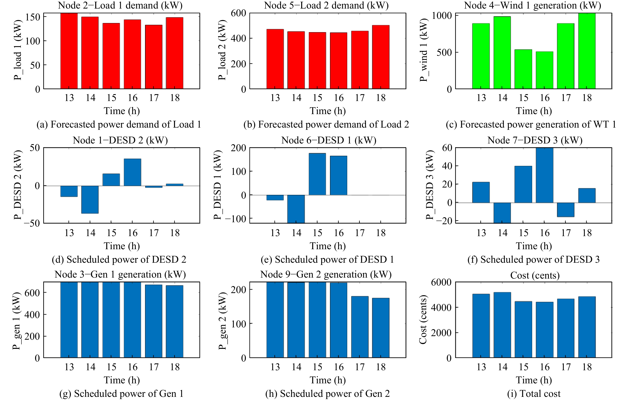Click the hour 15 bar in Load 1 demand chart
(x=111, y=56)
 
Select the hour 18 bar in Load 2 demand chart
(x=381, y=57)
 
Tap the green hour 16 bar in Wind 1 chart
(x=544, y=70)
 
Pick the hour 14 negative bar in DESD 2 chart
(x=90, y=199)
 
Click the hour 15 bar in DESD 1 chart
(x=317, y=174)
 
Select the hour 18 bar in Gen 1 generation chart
(x=174, y=322)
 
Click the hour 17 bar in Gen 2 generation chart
(x=360, y=327)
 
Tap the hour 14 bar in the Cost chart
(x=502, y=325)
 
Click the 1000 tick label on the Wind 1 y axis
(x=442, y=16)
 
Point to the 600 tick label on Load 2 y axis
(x=238, y=13)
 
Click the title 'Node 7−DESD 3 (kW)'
(x=535, y=140)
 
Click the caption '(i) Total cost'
(x=534, y=393)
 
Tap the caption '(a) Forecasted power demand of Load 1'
(x=119, y=124)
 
